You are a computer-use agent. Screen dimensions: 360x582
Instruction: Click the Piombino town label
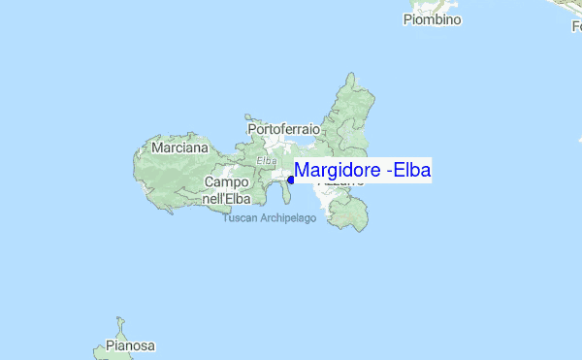click(x=433, y=19)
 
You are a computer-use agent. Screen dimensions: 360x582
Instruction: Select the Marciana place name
click(x=180, y=148)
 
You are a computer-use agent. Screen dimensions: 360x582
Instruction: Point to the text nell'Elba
click(x=226, y=198)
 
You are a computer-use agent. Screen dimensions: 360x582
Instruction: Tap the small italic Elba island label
click(x=267, y=160)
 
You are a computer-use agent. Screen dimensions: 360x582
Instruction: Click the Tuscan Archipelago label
click(x=271, y=218)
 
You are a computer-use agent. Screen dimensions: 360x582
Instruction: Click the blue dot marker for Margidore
click(x=290, y=180)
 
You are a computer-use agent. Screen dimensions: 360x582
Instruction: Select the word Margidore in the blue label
click(x=337, y=171)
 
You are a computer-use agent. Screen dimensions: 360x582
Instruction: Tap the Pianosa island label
click(x=131, y=345)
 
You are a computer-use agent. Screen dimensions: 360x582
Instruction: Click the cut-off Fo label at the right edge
click(x=576, y=27)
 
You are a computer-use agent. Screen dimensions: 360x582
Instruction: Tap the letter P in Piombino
click(x=408, y=19)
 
